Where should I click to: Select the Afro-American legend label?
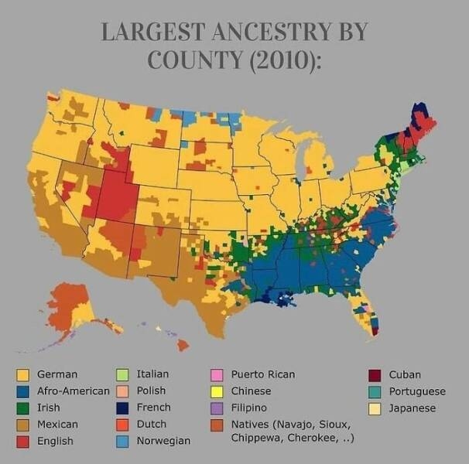pyautogui.click(x=74, y=391)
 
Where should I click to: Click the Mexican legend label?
pyautogui.click(x=57, y=425)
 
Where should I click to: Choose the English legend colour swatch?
pyautogui.click(x=22, y=442)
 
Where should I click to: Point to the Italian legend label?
pyautogui.click(x=152, y=374)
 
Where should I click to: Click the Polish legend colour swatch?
pyautogui.click(x=122, y=391)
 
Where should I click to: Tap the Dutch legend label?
pyautogui.click(x=151, y=425)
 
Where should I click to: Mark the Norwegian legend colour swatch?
pyautogui.click(x=122, y=442)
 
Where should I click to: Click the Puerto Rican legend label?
pyautogui.click(x=263, y=374)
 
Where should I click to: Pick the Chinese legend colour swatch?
pyautogui.click(x=217, y=391)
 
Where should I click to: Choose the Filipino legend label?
pyautogui.click(x=249, y=408)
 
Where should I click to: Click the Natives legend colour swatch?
pyautogui.click(x=217, y=425)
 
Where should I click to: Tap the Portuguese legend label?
pyautogui.click(x=417, y=391)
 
